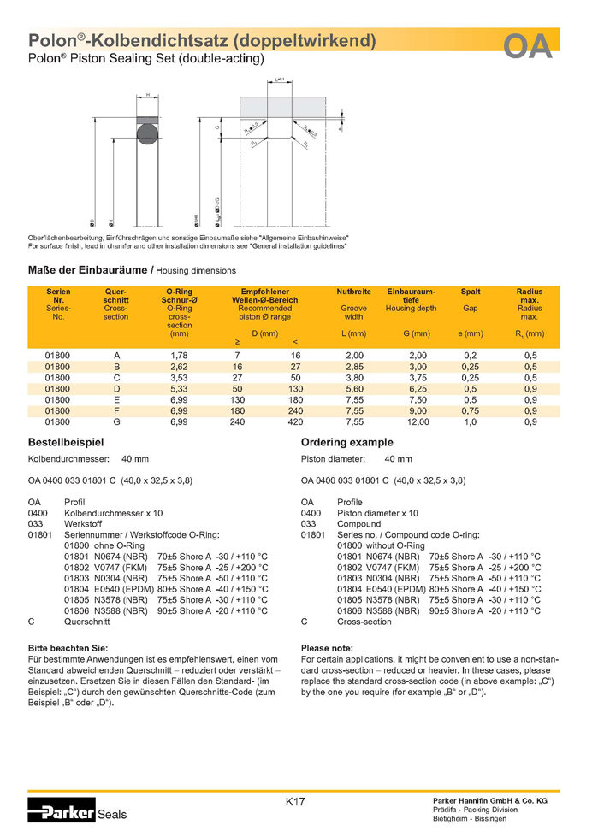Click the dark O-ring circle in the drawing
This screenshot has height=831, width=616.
pyautogui.click(x=147, y=132)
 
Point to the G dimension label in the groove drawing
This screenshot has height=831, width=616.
pyautogui.click(x=217, y=127)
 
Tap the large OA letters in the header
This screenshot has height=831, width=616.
pyautogui.click(x=527, y=47)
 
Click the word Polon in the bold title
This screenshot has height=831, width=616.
pyautogui.click(x=51, y=40)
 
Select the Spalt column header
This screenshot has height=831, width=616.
pyautogui.click(x=470, y=292)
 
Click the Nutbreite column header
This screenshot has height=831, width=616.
pyautogui.click(x=353, y=292)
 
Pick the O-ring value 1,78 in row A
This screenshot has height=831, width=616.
pyautogui.click(x=179, y=355)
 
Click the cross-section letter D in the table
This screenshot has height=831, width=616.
pyautogui.click(x=116, y=388)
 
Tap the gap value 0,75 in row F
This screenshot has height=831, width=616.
pyautogui.click(x=470, y=410)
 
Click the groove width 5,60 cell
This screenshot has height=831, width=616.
pyautogui.click(x=353, y=388)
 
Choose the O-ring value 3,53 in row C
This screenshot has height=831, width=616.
pyautogui.click(x=179, y=377)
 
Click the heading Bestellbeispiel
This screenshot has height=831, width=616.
pyautogui.click(x=67, y=443)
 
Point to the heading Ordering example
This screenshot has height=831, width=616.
pyautogui.click(x=347, y=443)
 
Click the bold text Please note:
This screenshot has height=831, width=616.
pyautogui.click(x=329, y=648)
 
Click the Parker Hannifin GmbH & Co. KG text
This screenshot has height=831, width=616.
pyautogui.click(x=489, y=799)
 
